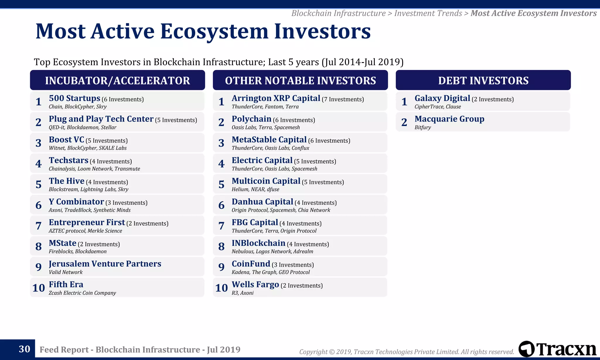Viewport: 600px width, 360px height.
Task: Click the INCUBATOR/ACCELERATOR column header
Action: (x=117, y=80)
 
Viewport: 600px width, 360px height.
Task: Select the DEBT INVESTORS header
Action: (x=483, y=80)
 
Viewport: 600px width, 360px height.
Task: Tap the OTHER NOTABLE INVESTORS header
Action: (x=300, y=80)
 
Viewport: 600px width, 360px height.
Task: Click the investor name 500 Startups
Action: (x=74, y=98)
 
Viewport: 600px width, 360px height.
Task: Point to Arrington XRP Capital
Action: (x=276, y=98)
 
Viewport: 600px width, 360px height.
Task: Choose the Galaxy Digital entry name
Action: (x=442, y=98)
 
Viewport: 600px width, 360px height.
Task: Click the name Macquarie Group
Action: (x=449, y=119)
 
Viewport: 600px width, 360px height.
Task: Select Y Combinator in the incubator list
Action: (x=76, y=202)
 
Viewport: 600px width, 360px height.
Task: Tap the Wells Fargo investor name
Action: (x=255, y=285)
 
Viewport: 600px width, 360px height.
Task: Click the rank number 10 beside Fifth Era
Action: (x=38, y=288)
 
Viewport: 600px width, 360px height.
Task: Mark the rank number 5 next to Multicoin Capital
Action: (x=221, y=185)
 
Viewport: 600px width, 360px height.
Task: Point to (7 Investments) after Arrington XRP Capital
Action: (x=342, y=100)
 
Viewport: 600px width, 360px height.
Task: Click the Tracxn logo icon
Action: (x=526, y=349)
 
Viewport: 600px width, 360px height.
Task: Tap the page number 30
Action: (x=24, y=349)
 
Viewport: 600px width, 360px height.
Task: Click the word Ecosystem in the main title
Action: (x=214, y=31)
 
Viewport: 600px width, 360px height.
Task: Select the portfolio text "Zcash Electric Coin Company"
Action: (x=82, y=293)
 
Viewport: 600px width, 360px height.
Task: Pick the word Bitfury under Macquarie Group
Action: (x=422, y=127)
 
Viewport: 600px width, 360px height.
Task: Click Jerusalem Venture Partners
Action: (x=105, y=264)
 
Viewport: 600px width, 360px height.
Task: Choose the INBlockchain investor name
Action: (x=258, y=243)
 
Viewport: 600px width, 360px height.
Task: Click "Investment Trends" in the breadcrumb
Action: (x=428, y=13)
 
